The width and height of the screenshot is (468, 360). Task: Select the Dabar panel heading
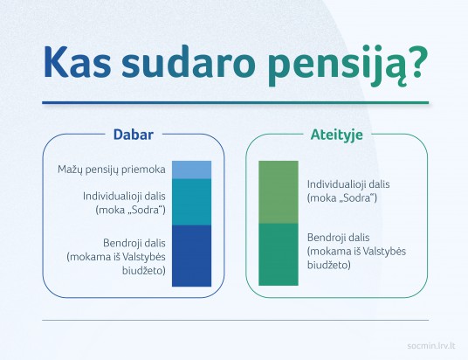(x=133, y=135)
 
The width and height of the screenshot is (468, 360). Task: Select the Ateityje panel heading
(x=336, y=135)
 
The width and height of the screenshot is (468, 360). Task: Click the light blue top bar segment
(x=191, y=170)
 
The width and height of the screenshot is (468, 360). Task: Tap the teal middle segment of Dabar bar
(x=191, y=202)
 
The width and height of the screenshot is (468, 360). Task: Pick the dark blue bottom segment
(x=191, y=255)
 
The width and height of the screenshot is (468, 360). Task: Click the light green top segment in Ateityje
(x=278, y=192)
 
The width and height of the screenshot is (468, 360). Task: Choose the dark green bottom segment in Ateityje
(x=278, y=254)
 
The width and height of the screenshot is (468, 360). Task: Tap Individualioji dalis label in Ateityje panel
(x=348, y=185)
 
